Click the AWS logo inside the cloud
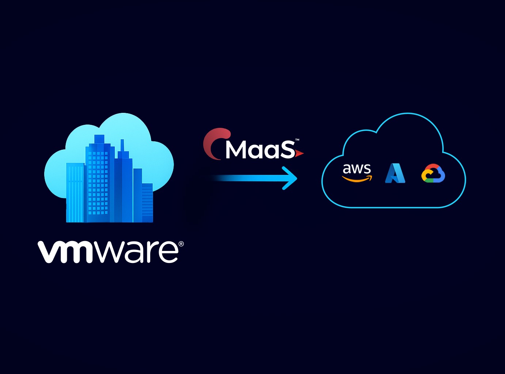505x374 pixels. tap(357, 172)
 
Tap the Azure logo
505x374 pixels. tap(395, 173)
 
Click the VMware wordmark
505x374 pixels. tap(108, 251)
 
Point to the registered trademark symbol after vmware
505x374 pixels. tap(181, 244)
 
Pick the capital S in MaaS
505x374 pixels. tap(287, 149)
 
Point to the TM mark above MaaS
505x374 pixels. tap(297, 140)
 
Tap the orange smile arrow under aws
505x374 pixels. tap(357, 179)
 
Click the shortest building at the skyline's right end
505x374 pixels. tap(147, 203)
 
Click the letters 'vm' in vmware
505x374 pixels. tap(66, 252)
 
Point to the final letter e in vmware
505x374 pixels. tap(168, 252)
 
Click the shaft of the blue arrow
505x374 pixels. tap(248, 178)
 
